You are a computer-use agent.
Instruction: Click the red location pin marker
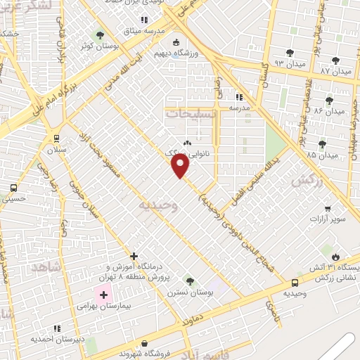point(181,166)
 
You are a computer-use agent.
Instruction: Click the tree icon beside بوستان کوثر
point(101,34)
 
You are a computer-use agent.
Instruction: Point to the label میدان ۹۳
point(270,63)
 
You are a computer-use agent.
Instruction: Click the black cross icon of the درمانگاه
point(134,257)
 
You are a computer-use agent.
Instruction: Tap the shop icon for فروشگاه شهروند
point(144,344)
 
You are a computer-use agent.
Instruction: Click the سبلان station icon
point(54,139)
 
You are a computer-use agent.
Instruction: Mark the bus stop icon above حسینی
point(13,188)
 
